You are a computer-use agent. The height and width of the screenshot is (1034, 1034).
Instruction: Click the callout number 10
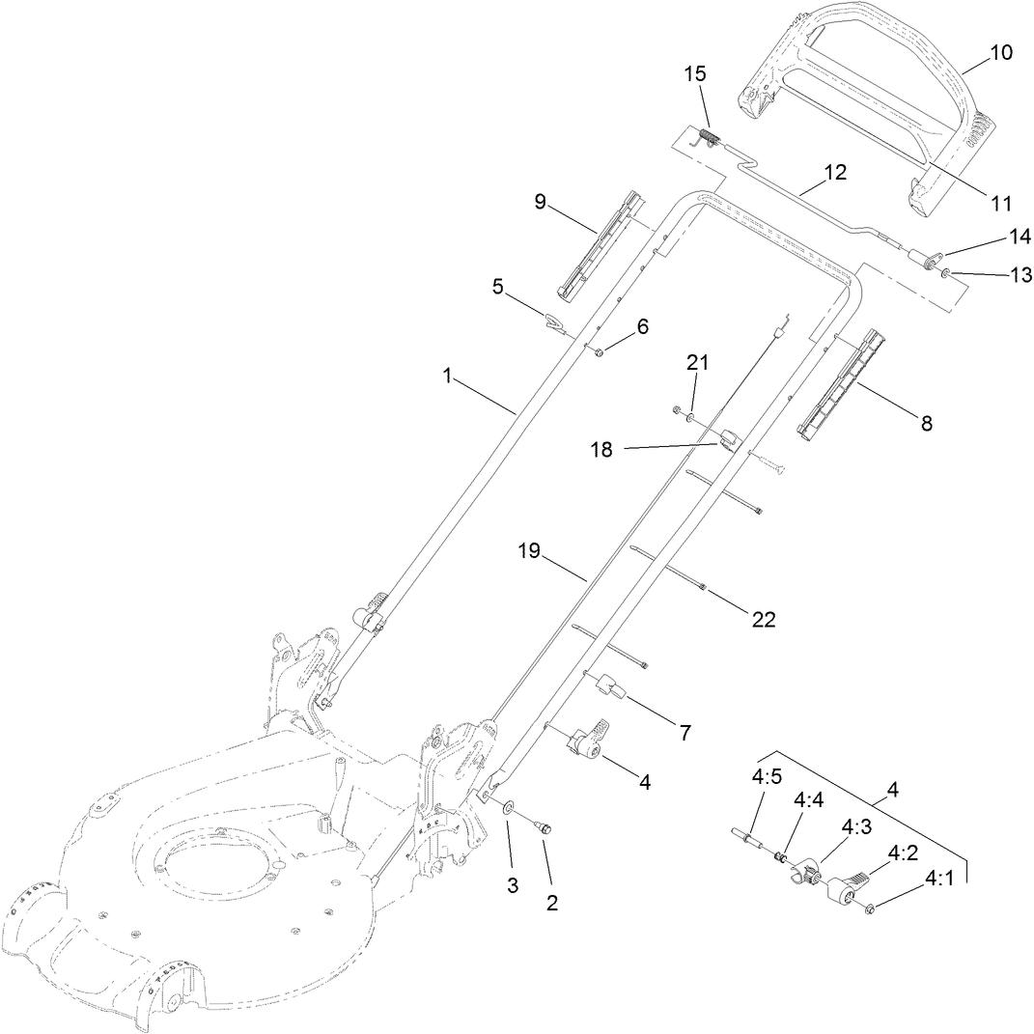coord(1001,52)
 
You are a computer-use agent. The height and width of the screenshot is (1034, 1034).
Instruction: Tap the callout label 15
coord(694,74)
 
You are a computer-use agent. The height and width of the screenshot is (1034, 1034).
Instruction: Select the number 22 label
coord(763,619)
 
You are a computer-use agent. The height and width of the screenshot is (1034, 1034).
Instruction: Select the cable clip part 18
coord(727,440)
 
